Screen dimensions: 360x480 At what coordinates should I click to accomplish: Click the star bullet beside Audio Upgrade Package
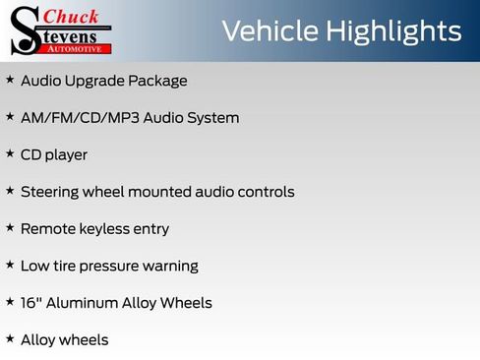pos(10,80)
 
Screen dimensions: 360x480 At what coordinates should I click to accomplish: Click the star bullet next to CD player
pos(10,153)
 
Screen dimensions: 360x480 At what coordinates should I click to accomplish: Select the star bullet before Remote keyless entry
pos(10,227)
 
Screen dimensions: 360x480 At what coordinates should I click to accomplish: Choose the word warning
pos(173,267)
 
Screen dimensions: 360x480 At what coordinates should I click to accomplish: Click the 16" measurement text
pos(30,302)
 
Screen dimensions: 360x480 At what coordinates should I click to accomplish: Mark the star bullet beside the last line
pos(10,338)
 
